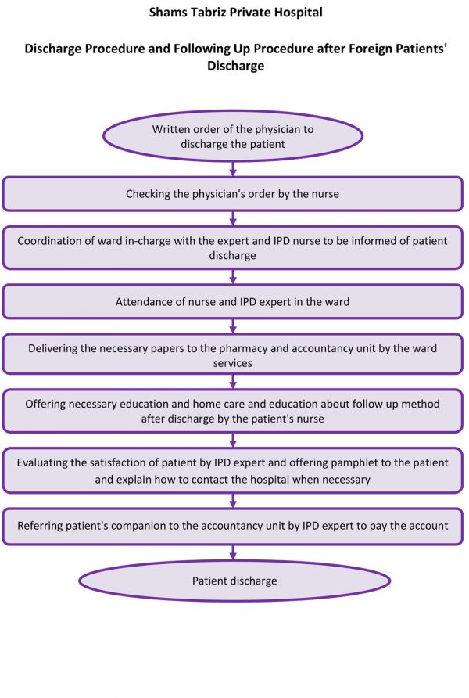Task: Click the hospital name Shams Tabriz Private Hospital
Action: pyautogui.click(x=235, y=13)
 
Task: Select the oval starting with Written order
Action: pyautogui.click(x=232, y=136)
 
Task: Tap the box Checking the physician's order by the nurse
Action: pyautogui.click(x=232, y=193)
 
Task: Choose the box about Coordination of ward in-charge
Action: pyautogui.click(x=232, y=247)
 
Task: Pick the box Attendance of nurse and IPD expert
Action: pyautogui.click(x=232, y=301)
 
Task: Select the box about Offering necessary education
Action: pyautogui.click(x=232, y=411)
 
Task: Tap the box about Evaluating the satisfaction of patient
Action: pyautogui.click(x=232, y=470)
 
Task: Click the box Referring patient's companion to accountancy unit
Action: pyautogui.click(x=232, y=526)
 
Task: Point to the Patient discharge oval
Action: pyautogui.click(x=234, y=581)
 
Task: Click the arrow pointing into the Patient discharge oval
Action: pyautogui.click(x=233, y=552)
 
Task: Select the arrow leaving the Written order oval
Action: pyautogui.click(x=233, y=167)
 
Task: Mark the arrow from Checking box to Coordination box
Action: pyautogui.click(x=233, y=218)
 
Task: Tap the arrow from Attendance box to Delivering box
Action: pyautogui.click(x=233, y=328)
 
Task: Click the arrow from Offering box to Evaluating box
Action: pyautogui.click(x=233, y=440)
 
